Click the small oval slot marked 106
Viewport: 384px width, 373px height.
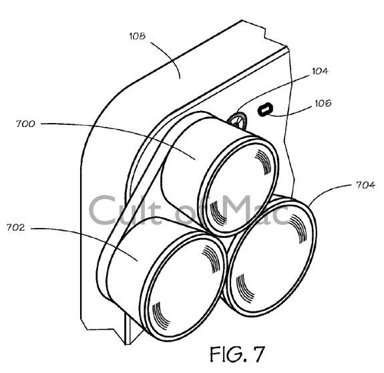tap(264, 108)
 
